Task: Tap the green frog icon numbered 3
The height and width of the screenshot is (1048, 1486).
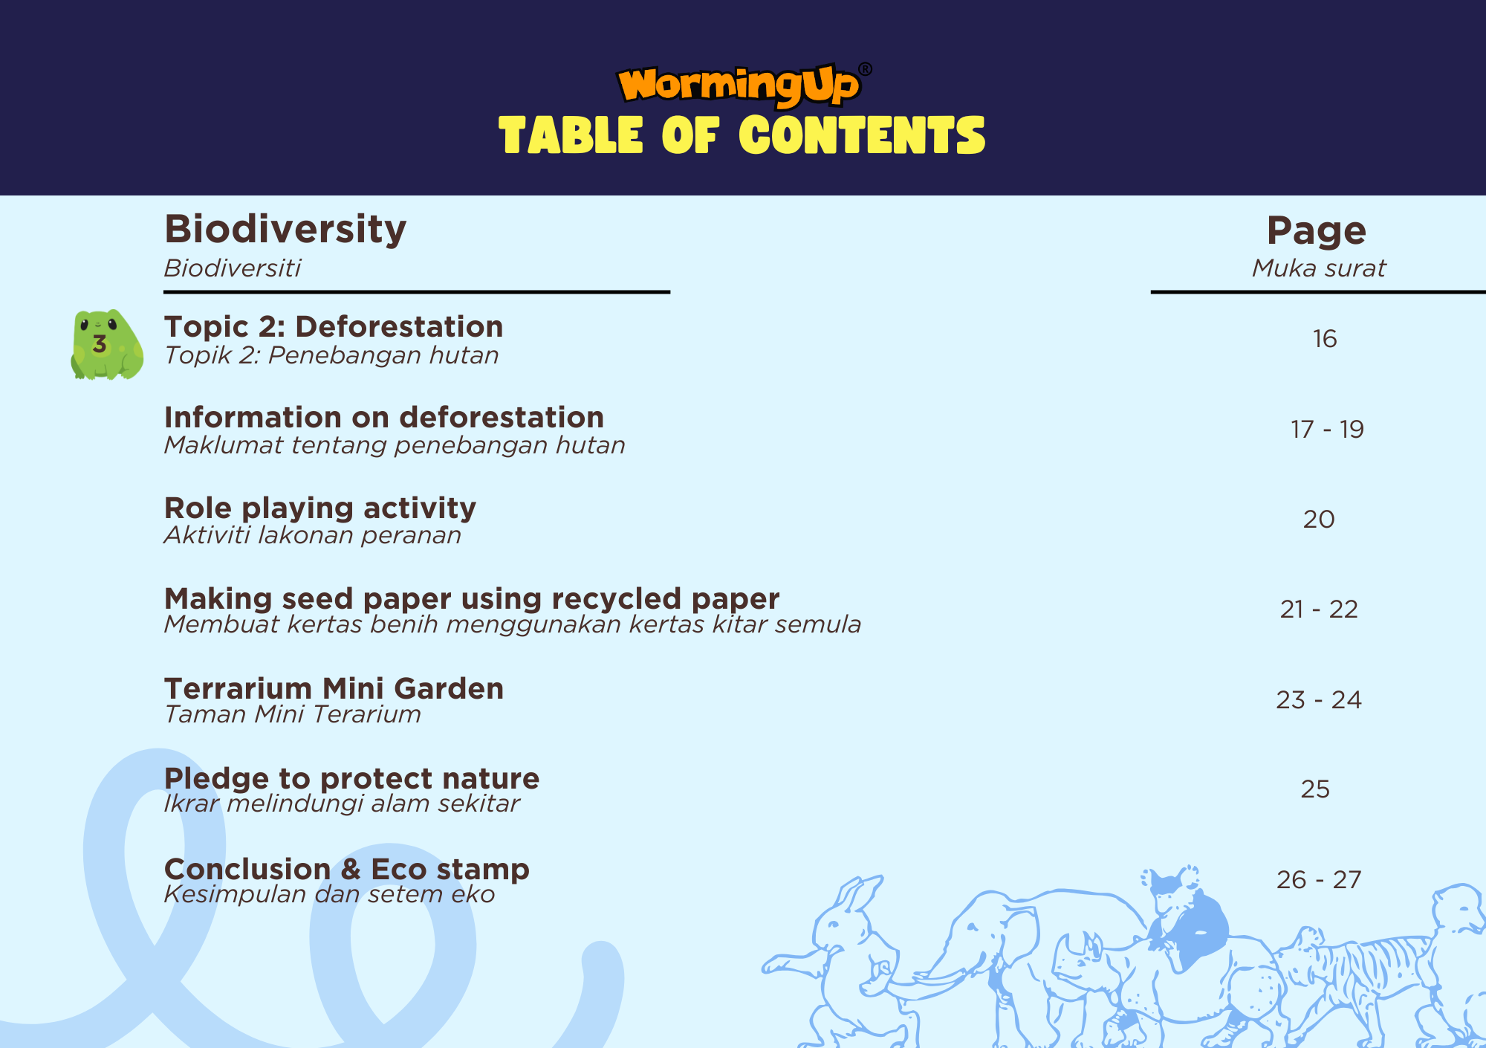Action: (107, 344)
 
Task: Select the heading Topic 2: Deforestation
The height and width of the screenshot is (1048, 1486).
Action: (334, 327)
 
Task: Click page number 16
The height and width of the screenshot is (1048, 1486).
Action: (1325, 339)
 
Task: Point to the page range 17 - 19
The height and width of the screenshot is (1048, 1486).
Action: (1327, 430)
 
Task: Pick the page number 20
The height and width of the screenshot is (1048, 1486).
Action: (1319, 520)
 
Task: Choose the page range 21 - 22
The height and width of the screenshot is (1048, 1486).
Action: (1319, 609)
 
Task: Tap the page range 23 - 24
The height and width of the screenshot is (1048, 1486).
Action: (1319, 700)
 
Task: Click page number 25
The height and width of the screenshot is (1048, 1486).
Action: (1315, 789)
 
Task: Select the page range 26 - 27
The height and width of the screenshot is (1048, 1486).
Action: (1319, 880)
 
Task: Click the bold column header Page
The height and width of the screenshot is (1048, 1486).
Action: (1317, 231)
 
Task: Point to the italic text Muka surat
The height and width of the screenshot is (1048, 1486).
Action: (1319, 268)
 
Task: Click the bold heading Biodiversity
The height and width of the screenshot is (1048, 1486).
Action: (285, 230)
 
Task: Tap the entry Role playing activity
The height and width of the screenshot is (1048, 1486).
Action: (320, 508)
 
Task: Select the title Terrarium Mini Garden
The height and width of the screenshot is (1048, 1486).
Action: (334, 689)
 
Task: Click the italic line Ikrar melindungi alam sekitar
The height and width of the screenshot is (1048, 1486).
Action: (342, 803)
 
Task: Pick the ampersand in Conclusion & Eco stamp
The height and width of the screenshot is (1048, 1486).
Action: (351, 870)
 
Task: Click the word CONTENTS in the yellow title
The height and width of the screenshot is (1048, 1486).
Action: (862, 135)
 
